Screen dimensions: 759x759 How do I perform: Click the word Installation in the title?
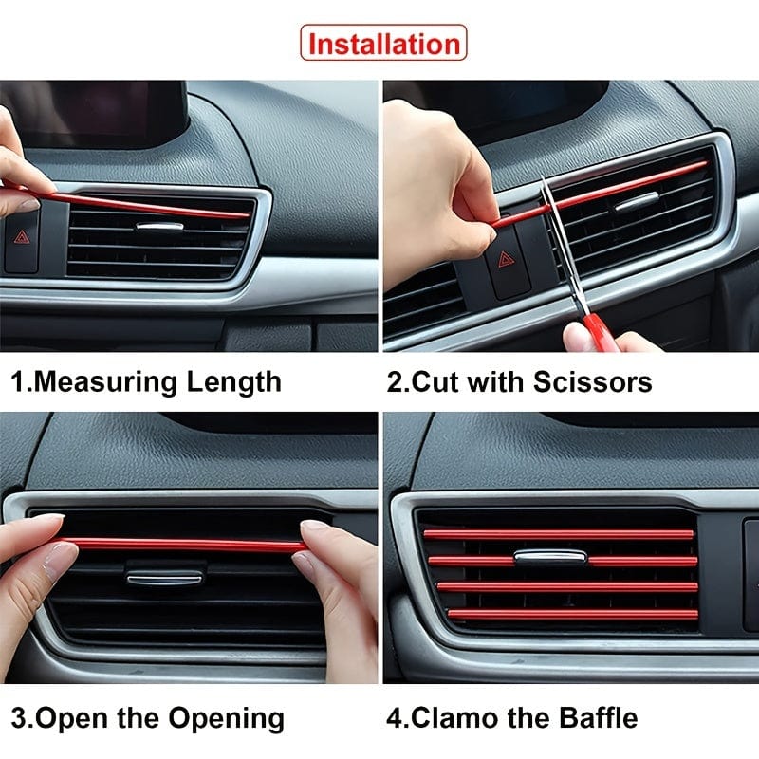(383, 44)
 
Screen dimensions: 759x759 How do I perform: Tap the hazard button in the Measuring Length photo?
(21, 241)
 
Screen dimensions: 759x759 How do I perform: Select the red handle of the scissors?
(599, 332)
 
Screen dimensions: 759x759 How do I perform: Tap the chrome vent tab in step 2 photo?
(636, 201)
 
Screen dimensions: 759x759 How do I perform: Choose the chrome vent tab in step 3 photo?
(164, 576)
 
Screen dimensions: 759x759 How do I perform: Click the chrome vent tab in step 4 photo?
(549, 557)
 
